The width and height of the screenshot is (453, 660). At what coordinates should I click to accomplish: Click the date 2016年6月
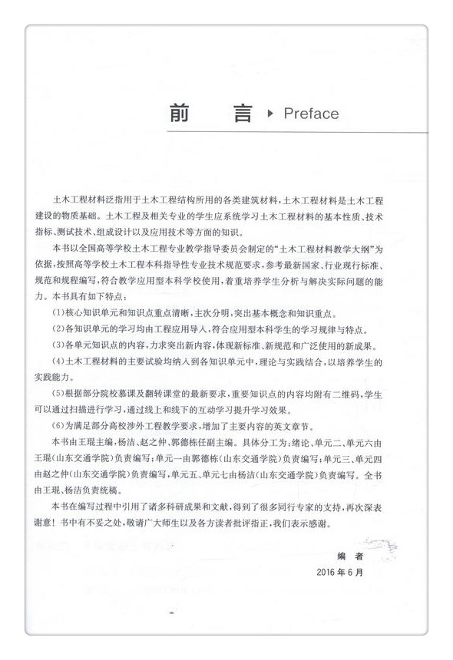(x=339, y=572)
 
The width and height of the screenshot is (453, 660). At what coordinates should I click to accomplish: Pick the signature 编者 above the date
(x=349, y=555)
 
